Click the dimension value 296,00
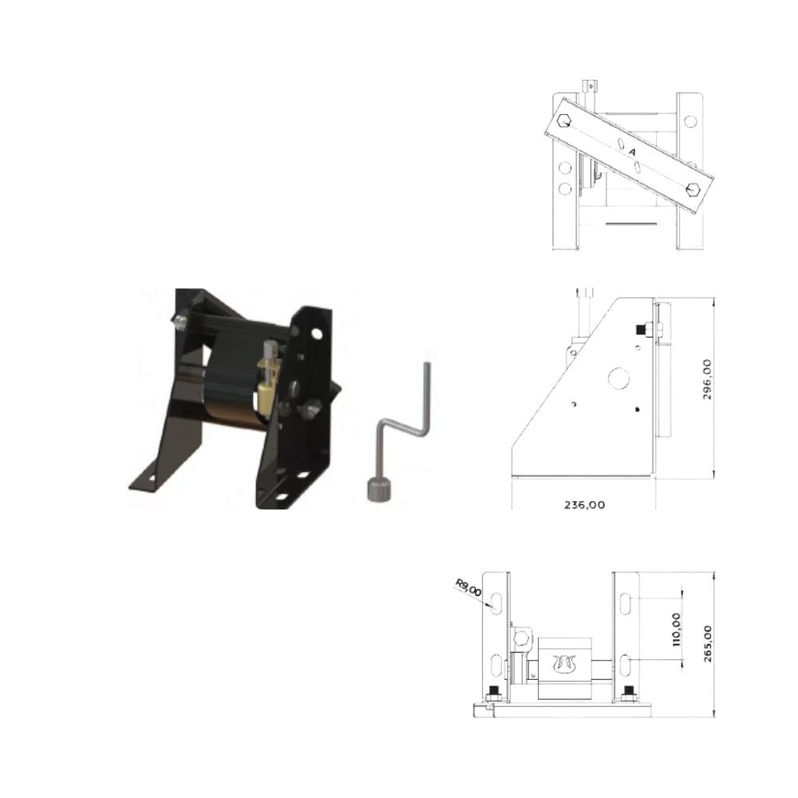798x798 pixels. point(707,379)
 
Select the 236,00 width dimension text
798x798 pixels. point(585,505)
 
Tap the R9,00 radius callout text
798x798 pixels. point(468,587)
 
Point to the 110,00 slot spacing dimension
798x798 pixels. point(677,630)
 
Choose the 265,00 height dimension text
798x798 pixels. point(707,643)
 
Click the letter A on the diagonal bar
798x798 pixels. point(633,152)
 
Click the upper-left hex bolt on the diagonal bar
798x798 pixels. point(564,121)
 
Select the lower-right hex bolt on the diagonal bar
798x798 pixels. point(693,189)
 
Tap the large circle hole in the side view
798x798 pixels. point(620,377)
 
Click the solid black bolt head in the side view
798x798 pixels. point(638,330)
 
